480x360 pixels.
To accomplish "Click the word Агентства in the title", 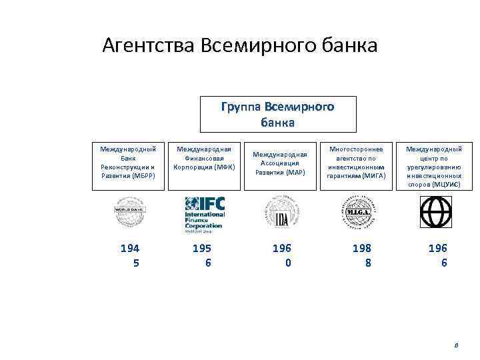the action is coord(146,46).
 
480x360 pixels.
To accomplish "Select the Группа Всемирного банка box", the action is coord(278,114).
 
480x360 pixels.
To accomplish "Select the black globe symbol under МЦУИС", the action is coord(433,212).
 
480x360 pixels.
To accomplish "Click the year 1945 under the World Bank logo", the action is coord(130,255).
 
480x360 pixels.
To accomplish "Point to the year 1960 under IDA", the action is coord(282,255).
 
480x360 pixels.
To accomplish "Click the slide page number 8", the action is coord(456,345).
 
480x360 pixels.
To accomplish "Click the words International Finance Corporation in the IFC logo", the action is coord(205,221).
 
